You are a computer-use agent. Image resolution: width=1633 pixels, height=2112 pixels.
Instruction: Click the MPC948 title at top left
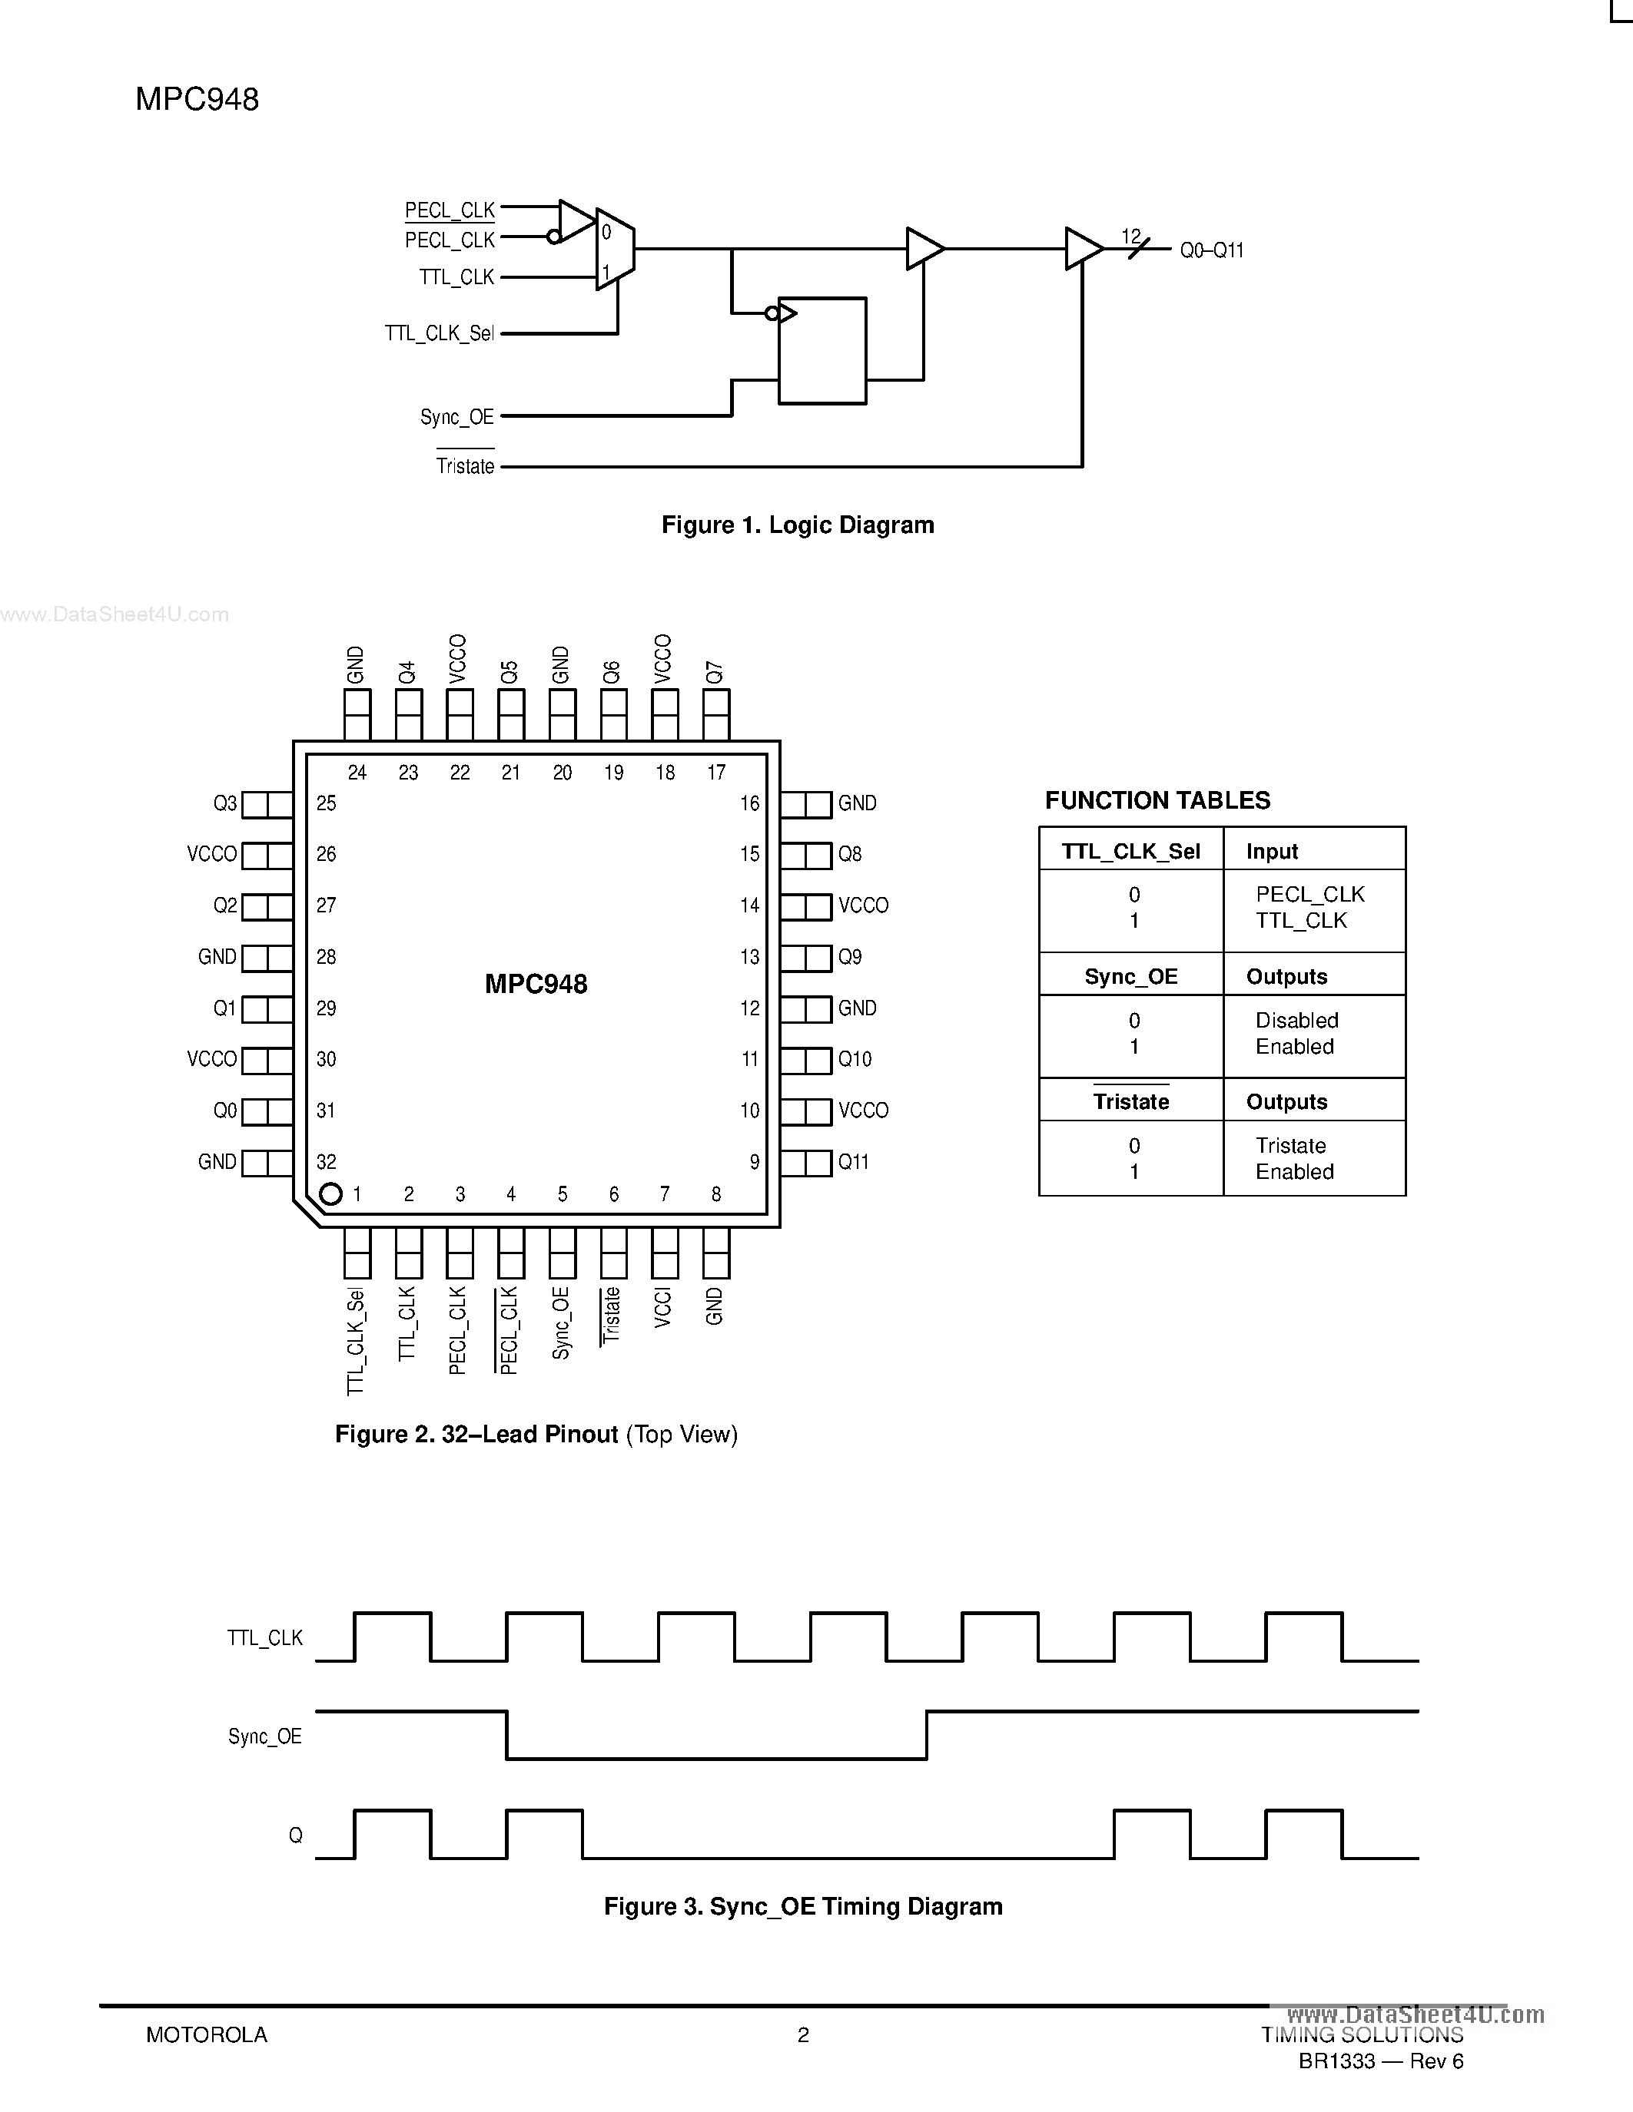point(197,100)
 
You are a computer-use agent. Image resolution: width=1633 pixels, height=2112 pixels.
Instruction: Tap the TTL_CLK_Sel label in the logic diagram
point(440,333)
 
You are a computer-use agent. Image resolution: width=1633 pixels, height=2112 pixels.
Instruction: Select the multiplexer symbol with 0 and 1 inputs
point(614,250)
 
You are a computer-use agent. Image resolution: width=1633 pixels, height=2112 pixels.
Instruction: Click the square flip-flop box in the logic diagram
point(822,350)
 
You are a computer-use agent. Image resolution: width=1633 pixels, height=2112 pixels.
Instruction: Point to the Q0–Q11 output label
point(1211,250)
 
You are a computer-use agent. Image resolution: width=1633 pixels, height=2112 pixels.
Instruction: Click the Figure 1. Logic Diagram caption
point(797,525)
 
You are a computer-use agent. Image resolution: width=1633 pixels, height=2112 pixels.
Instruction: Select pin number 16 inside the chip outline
point(750,803)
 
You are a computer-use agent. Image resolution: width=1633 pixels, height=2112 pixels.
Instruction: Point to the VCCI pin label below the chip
point(662,1306)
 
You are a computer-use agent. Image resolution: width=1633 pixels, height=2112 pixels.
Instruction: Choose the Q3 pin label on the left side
point(224,803)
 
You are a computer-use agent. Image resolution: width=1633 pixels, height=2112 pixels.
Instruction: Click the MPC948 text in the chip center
point(536,985)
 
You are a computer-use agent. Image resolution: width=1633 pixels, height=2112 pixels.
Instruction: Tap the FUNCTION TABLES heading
point(1157,801)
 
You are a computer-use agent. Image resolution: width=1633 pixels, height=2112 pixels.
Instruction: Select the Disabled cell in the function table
point(1296,1020)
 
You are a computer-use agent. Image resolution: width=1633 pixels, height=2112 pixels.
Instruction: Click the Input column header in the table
point(1271,851)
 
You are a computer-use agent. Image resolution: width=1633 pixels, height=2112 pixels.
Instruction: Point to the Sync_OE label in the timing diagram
point(265,1736)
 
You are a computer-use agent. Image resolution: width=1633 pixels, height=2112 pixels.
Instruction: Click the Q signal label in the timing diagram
point(295,1836)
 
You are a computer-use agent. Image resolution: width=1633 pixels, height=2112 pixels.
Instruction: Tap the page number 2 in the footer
point(803,2034)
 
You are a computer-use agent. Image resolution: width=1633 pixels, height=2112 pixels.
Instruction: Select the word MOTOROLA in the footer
point(206,2034)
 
